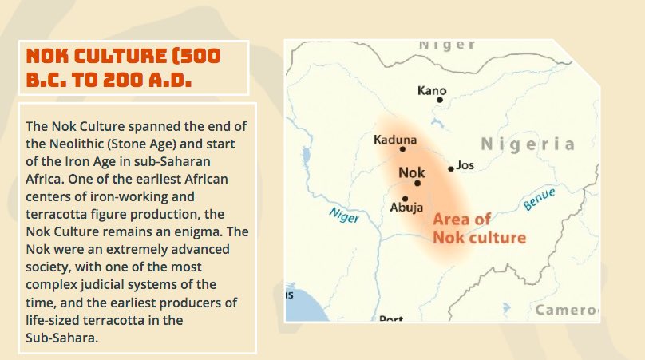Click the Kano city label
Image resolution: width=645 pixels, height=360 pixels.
[432, 90]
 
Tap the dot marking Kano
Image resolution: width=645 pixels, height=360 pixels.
[439, 100]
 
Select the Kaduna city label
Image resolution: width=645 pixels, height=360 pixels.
[395, 140]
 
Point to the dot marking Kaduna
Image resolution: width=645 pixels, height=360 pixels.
[402, 148]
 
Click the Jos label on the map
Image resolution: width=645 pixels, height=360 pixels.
[466, 165]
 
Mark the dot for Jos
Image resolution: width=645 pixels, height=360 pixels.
[451, 168]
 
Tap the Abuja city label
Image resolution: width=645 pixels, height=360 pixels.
[406, 208]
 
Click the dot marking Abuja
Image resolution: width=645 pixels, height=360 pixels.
[406, 198]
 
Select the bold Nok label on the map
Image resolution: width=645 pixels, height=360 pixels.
[411, 172]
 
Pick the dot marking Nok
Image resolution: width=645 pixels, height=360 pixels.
[417, 183]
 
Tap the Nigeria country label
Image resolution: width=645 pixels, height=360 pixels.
[527, 144]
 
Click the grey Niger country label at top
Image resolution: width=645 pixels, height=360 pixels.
[447, 45]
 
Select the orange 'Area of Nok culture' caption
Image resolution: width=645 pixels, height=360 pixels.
[479, 228]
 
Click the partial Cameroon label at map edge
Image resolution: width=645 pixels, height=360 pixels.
[567, 310]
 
